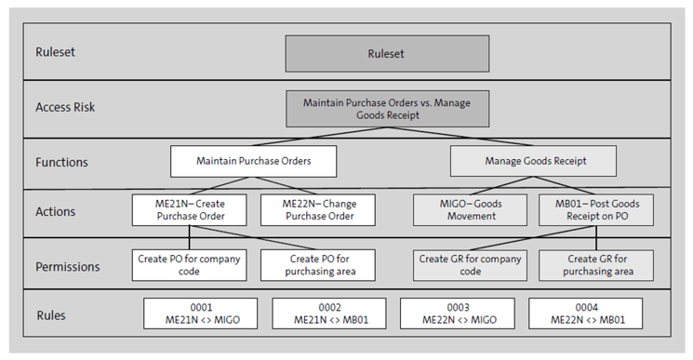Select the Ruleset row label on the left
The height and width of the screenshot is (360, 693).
(56, 53)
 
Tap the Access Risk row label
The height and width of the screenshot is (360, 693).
(65, 107)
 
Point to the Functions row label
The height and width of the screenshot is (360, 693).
(60, 162)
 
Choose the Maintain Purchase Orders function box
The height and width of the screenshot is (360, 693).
(253, 161)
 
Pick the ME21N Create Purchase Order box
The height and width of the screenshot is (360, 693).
(189, 210)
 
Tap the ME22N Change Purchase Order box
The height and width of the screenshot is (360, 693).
(318, 210)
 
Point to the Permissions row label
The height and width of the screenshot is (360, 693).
(68, 266)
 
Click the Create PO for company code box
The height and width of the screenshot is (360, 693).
(189, 265)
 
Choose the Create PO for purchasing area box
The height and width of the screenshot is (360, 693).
(318, 265)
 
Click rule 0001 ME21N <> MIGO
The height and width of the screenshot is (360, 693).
(201, 314)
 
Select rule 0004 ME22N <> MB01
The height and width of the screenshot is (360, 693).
(585, 314)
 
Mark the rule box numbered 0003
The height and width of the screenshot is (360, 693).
(458, 314)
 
